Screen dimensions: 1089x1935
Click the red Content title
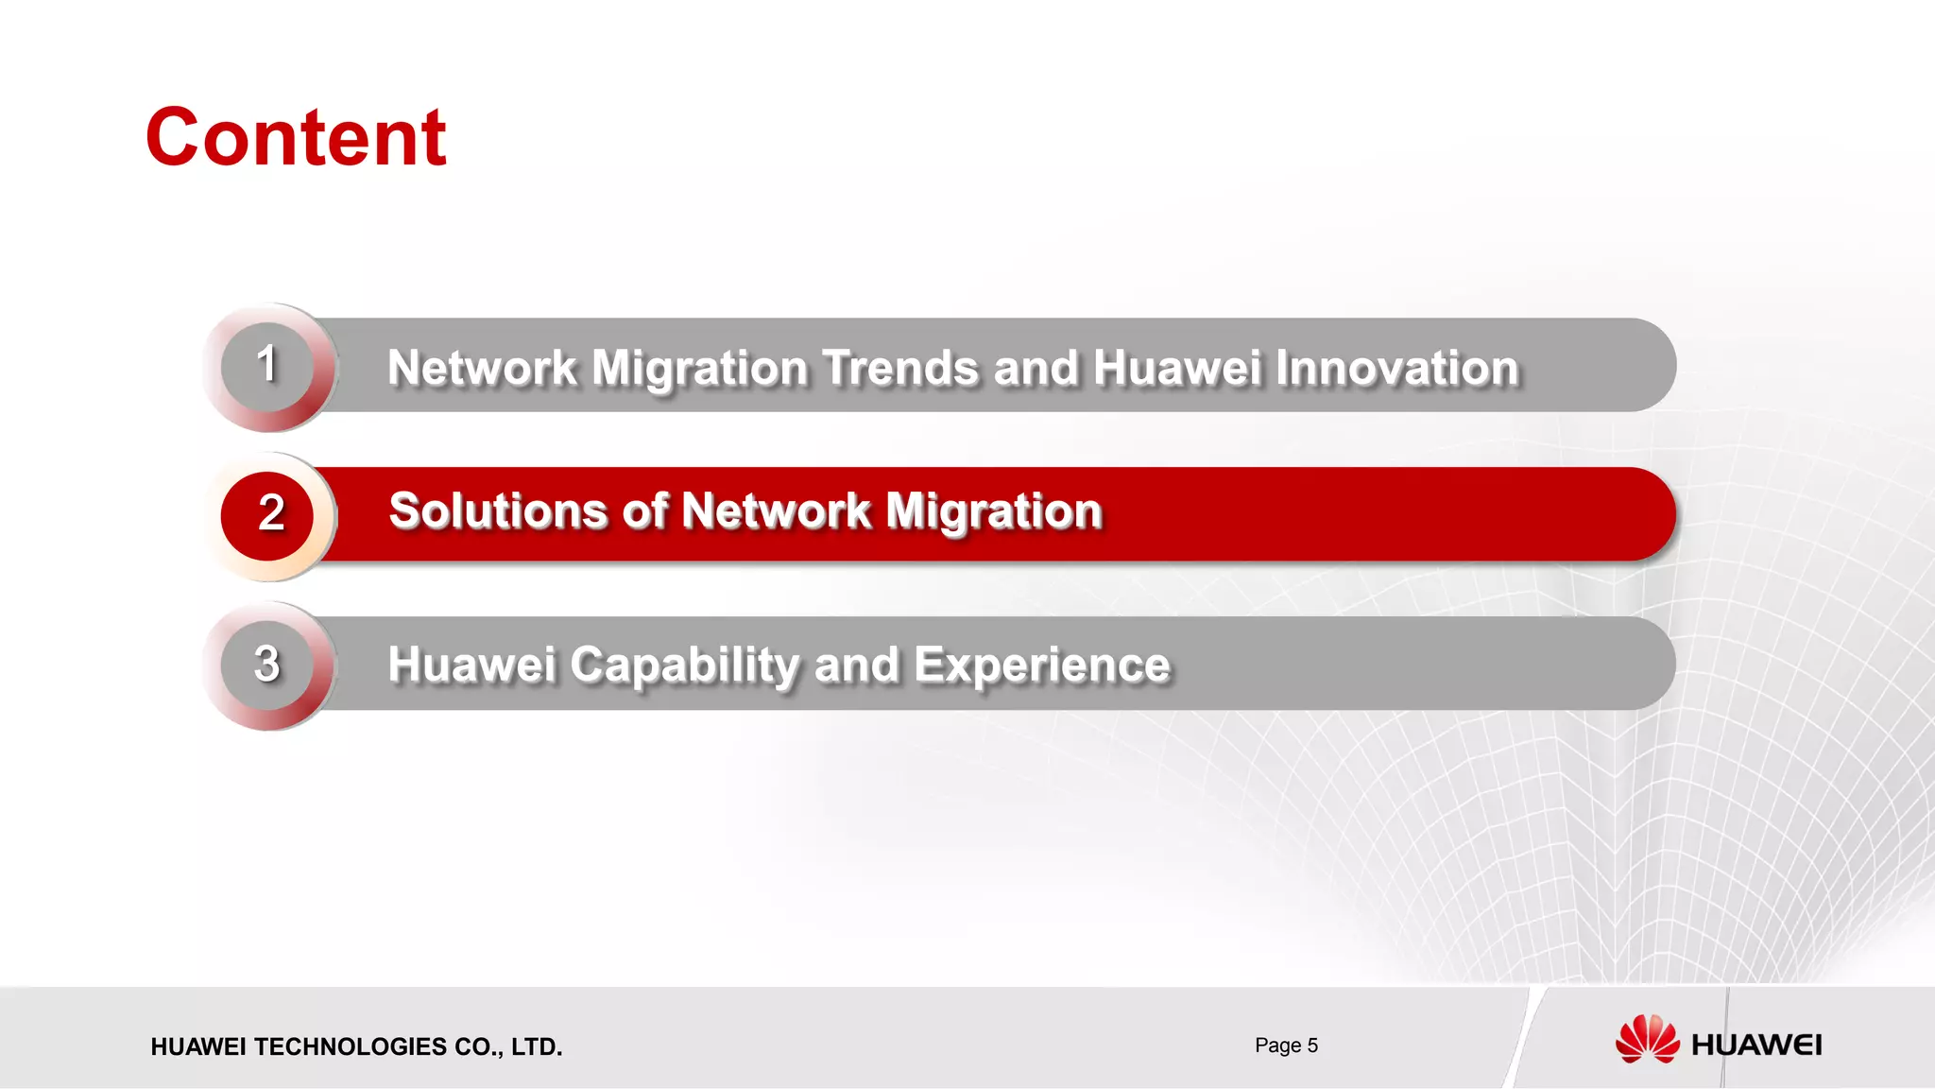(296, 138)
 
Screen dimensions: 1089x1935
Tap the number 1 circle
(267, 366)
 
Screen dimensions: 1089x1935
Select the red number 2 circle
(268, 514)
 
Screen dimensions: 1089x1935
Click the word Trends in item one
(900, 368)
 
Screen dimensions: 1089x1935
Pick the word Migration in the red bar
(993, 511)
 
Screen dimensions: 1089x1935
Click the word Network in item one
(482, 368)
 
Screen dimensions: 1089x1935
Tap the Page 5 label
(1286, 1046)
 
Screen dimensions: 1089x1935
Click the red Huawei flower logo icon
(1647, 1040)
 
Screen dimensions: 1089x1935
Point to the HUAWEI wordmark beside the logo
(1756, 1046)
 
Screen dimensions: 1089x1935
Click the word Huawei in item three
(471, 665)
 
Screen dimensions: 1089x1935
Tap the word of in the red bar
(645, 511)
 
